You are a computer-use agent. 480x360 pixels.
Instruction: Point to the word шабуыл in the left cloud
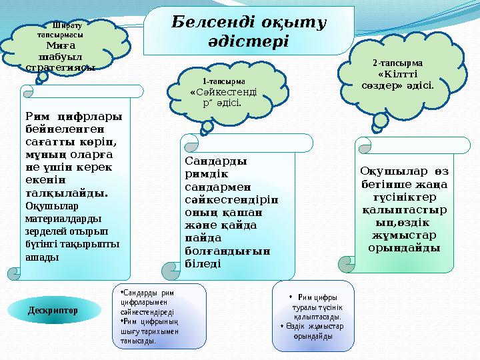click(55, 56)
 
